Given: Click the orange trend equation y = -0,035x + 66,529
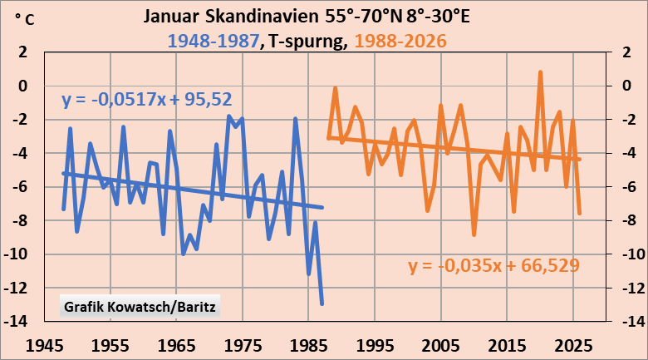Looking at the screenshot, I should (x=493, y=266).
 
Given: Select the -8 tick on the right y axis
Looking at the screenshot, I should (x=618, y=220).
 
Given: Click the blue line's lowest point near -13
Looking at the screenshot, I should (x=322, y=303).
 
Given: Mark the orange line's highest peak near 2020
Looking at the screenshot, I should (x=540, y=72).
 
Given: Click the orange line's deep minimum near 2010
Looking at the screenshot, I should (x=474, y=235).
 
